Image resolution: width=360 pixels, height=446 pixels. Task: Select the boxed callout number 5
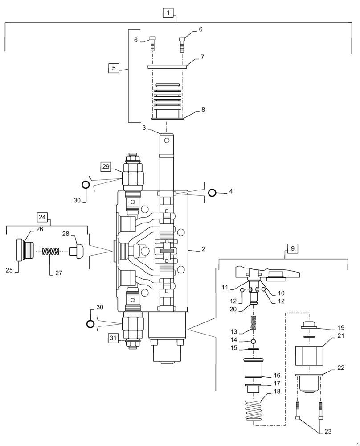114,68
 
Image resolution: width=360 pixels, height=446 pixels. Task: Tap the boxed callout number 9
292,249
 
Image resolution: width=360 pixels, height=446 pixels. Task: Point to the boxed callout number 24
42,217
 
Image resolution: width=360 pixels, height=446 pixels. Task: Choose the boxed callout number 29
106,166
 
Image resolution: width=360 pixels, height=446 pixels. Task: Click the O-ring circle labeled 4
213,193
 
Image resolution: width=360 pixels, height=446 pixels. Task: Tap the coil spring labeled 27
51,252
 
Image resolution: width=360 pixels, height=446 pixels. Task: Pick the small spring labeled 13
253,322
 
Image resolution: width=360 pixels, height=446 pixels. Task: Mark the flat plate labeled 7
166,67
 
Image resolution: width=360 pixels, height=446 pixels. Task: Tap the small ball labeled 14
253,341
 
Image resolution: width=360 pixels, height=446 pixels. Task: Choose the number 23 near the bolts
328,431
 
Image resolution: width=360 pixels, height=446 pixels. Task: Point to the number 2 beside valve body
203,249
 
